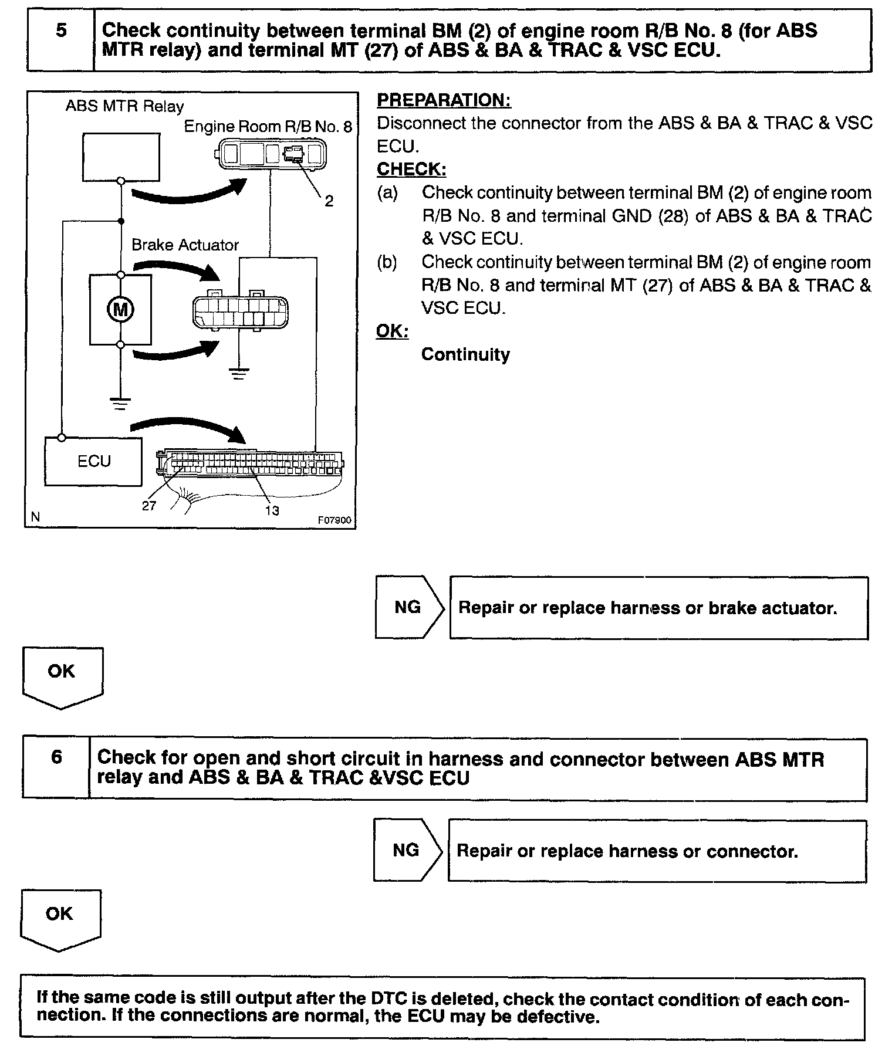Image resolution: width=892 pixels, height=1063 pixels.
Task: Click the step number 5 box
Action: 60,40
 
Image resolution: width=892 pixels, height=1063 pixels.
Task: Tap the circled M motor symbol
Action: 120,309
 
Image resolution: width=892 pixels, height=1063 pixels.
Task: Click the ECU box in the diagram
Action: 94,461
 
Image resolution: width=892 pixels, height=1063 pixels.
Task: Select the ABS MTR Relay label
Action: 124,106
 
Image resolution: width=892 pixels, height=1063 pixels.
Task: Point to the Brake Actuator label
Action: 185,245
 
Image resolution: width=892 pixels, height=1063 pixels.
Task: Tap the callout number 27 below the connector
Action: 149,506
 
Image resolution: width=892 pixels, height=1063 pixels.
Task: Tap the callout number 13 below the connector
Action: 272,510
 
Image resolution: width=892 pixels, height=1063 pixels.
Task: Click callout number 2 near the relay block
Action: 329,201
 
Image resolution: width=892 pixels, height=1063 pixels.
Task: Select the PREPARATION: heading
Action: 444,100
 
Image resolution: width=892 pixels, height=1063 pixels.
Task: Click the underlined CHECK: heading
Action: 411,169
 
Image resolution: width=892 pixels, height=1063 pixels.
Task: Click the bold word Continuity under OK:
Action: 465,354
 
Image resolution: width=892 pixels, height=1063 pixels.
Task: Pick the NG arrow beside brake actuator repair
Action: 410,607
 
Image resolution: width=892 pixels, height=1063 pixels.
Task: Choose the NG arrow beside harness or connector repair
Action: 407,850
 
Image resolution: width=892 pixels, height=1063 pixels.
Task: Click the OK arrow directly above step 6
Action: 62,675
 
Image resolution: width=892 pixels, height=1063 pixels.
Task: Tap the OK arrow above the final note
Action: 60,918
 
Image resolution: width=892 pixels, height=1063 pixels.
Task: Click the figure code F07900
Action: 334,520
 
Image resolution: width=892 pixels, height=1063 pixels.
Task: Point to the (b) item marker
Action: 387,262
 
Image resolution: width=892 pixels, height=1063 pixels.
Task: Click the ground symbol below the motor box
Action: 120,403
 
